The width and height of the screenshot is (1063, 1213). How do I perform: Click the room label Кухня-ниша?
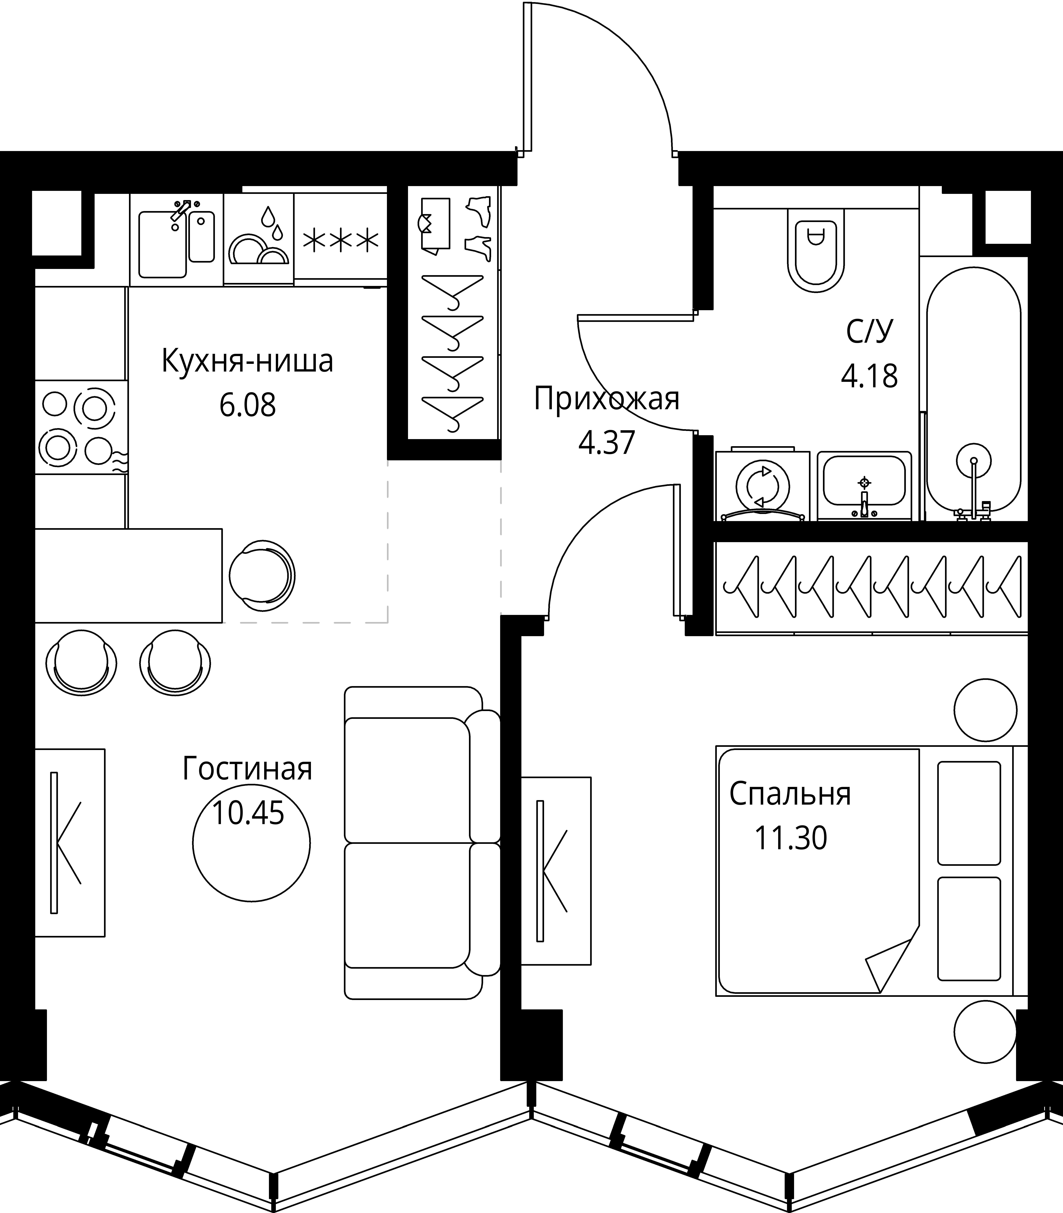point(247,361)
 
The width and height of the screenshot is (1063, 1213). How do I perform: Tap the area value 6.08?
point(248,405)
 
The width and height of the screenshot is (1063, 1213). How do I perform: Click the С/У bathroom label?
point(869,332)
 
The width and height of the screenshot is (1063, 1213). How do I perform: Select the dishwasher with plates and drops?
point(259,239)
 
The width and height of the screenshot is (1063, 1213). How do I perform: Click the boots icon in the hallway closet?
point(478,228)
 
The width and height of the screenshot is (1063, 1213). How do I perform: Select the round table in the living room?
point(252,842)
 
